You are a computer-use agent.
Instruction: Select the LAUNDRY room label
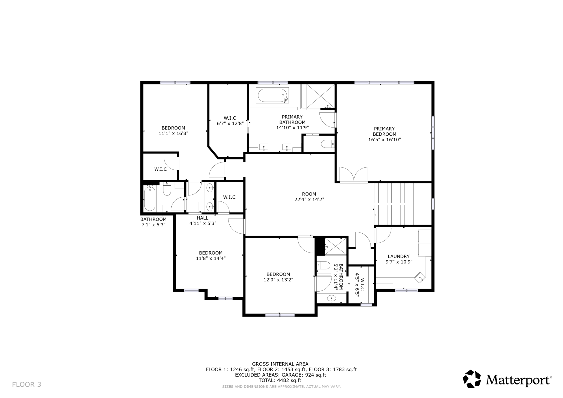point(398,256)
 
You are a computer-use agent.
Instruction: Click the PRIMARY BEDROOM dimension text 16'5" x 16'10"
point(384,140)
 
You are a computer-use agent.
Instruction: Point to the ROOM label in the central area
point(309,194)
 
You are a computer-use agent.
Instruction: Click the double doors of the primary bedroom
point(354,174)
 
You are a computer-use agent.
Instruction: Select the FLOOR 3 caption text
point(27,384)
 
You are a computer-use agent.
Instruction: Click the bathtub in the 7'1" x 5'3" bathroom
point(150,199)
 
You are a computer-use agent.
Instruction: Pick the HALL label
point(202,218)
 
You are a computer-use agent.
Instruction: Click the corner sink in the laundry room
point(420,278)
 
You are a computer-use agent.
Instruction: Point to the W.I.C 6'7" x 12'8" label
point(230,121)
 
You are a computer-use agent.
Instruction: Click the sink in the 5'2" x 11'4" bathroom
point(332,298)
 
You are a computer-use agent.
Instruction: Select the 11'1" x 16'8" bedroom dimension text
point(173,133)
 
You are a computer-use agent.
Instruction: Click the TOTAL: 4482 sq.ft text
point(280,380)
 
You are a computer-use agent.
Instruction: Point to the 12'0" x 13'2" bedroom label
point(278,277)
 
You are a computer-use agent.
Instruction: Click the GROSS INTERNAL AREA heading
point(280,364)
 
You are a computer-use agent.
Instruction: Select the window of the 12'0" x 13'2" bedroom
point(280,315)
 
